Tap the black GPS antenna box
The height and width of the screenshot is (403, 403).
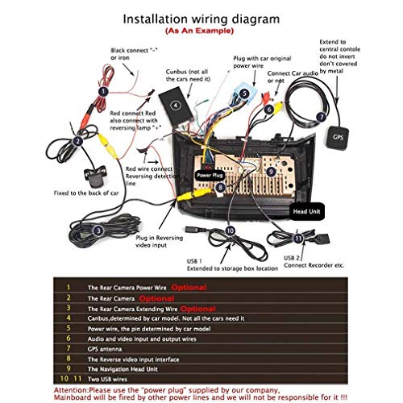pos(339,135)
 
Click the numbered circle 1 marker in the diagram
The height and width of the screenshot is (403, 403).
pos(103,92)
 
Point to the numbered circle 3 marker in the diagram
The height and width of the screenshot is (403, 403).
pos(97,231)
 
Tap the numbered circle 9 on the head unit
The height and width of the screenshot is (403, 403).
pos(271,172)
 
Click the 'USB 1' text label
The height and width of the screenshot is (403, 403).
pos(193,260)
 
